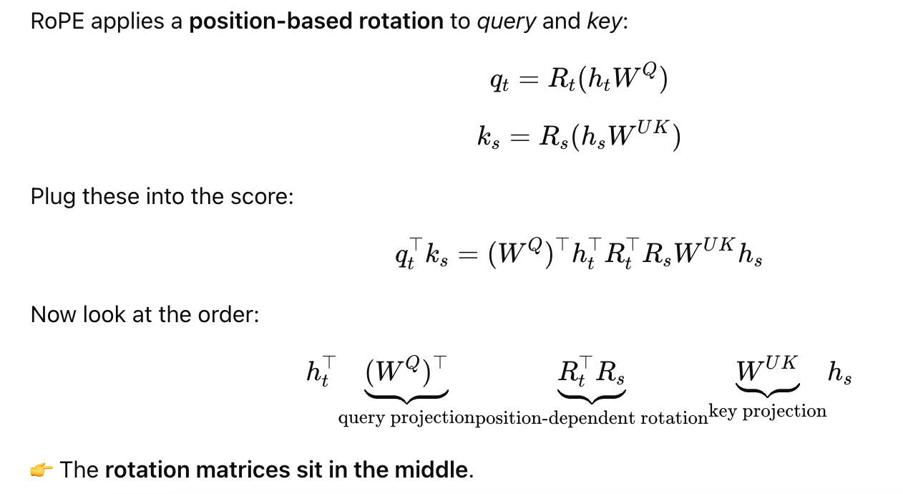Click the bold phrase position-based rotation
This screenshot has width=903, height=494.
316,21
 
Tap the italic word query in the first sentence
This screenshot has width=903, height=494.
507,21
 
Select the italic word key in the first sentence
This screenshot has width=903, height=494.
605,21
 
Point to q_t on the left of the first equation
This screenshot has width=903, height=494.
499,81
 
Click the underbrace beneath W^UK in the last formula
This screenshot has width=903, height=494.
768,391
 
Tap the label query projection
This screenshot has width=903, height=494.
406,418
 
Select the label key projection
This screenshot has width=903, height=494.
768,412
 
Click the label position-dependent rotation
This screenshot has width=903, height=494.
592,418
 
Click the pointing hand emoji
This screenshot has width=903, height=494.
42,470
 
